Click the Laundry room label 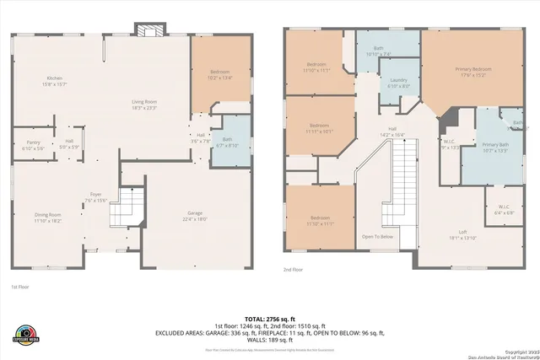click(x=399, y=83)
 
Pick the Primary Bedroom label click(x=473, y=71)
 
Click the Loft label click(x=462, y=235)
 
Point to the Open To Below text click(x=378, y=236)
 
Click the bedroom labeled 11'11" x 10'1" click(x=319, y=128)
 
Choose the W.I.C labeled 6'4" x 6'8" click(x=503, y=209)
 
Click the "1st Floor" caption click(x=19, y=287)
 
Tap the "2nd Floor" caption click(x=294, y=270)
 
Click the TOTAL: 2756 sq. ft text click(x=269, y=316)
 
